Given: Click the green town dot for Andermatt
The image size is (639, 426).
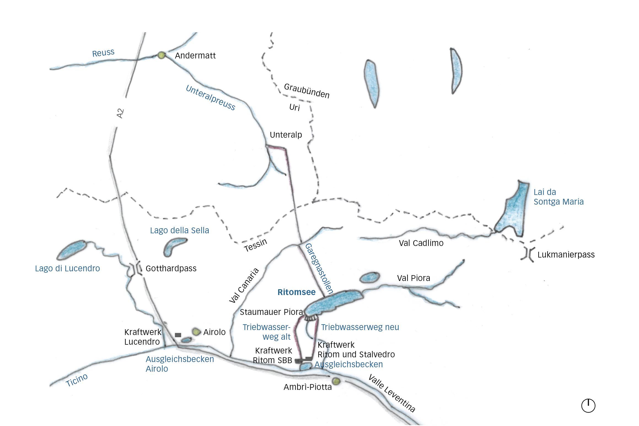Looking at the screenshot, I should point(161,55).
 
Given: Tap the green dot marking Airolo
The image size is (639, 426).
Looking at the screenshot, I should point(196,332).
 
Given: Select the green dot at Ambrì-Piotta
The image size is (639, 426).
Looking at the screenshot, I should point(336,381).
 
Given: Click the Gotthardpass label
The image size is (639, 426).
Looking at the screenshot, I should point(171,268).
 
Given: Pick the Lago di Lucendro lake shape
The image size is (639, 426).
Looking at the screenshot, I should point(72,250).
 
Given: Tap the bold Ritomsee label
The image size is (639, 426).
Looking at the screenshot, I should point(296,292).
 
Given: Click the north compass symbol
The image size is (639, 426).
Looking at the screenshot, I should point(588,406).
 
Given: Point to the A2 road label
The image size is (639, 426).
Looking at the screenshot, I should point(120,113).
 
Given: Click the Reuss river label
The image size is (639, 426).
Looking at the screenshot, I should point(103,53).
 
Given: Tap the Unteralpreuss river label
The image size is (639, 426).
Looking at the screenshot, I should point(211,98).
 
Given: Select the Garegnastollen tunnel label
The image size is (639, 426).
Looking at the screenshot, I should point(319,269).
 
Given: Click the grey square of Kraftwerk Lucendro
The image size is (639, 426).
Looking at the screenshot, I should point(178,335).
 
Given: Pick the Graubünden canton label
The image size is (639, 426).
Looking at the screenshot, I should point(307,90).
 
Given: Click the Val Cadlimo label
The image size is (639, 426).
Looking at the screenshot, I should point(421,243).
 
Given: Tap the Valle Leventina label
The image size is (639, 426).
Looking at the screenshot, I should point(392,393).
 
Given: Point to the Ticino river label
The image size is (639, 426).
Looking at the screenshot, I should point(77,380).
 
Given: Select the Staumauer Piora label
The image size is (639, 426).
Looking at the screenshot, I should point(271,312).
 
